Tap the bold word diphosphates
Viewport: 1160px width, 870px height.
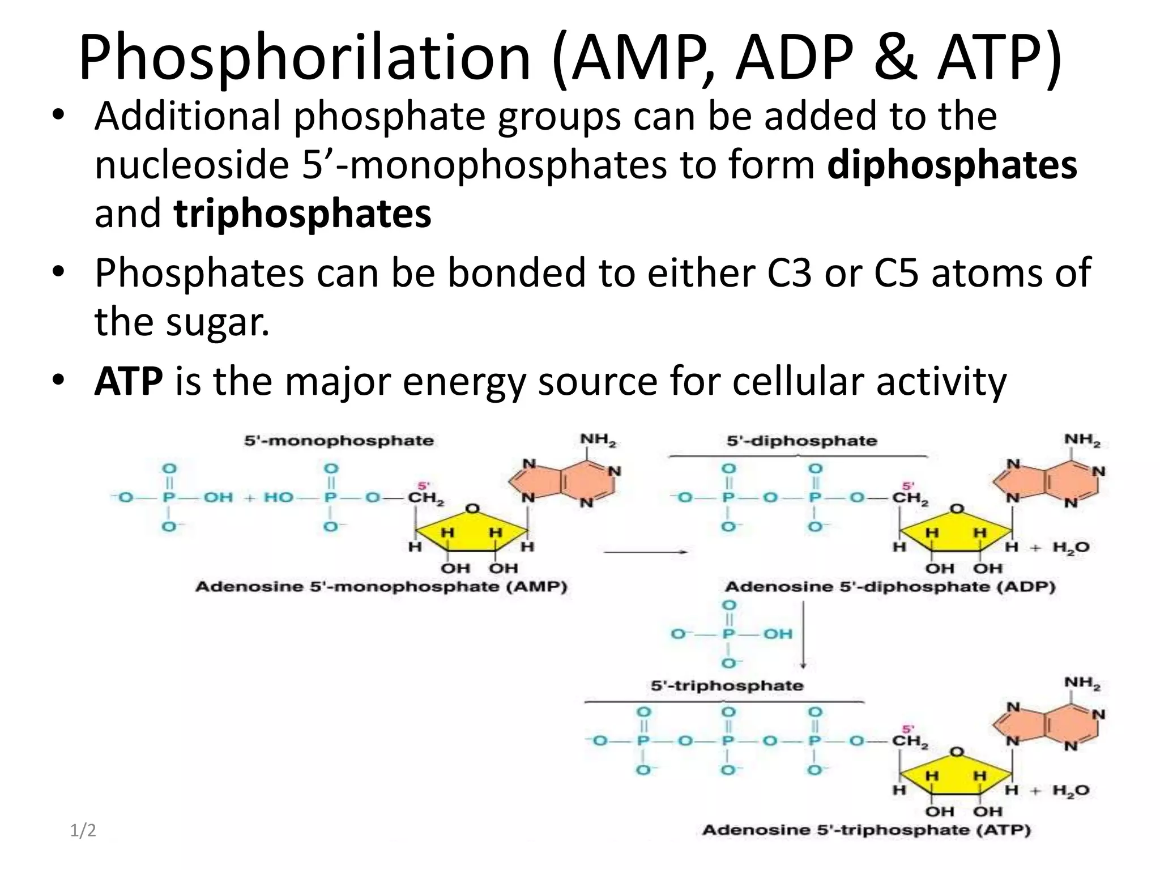[952, 165]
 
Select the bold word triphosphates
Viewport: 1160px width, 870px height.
[302, 214]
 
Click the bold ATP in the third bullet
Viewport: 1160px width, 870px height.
[129, 381]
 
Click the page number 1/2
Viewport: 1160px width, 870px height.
[83, 831]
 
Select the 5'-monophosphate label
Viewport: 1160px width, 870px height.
[339, 441]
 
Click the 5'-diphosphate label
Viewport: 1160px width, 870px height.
[801, 441]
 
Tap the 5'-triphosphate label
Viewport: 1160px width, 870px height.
[727, 685]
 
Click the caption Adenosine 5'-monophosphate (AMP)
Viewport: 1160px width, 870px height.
[381, 586]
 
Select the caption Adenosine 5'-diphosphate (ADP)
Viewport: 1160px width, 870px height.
[890, 586]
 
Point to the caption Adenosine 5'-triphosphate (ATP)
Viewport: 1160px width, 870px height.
[866, 830]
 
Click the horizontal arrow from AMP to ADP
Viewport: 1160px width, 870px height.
[645, 552]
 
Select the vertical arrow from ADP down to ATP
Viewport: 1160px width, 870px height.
[803, 634]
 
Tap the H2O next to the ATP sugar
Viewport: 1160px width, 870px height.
[1070, 790]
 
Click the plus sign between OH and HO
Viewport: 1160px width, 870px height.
[249, 498]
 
